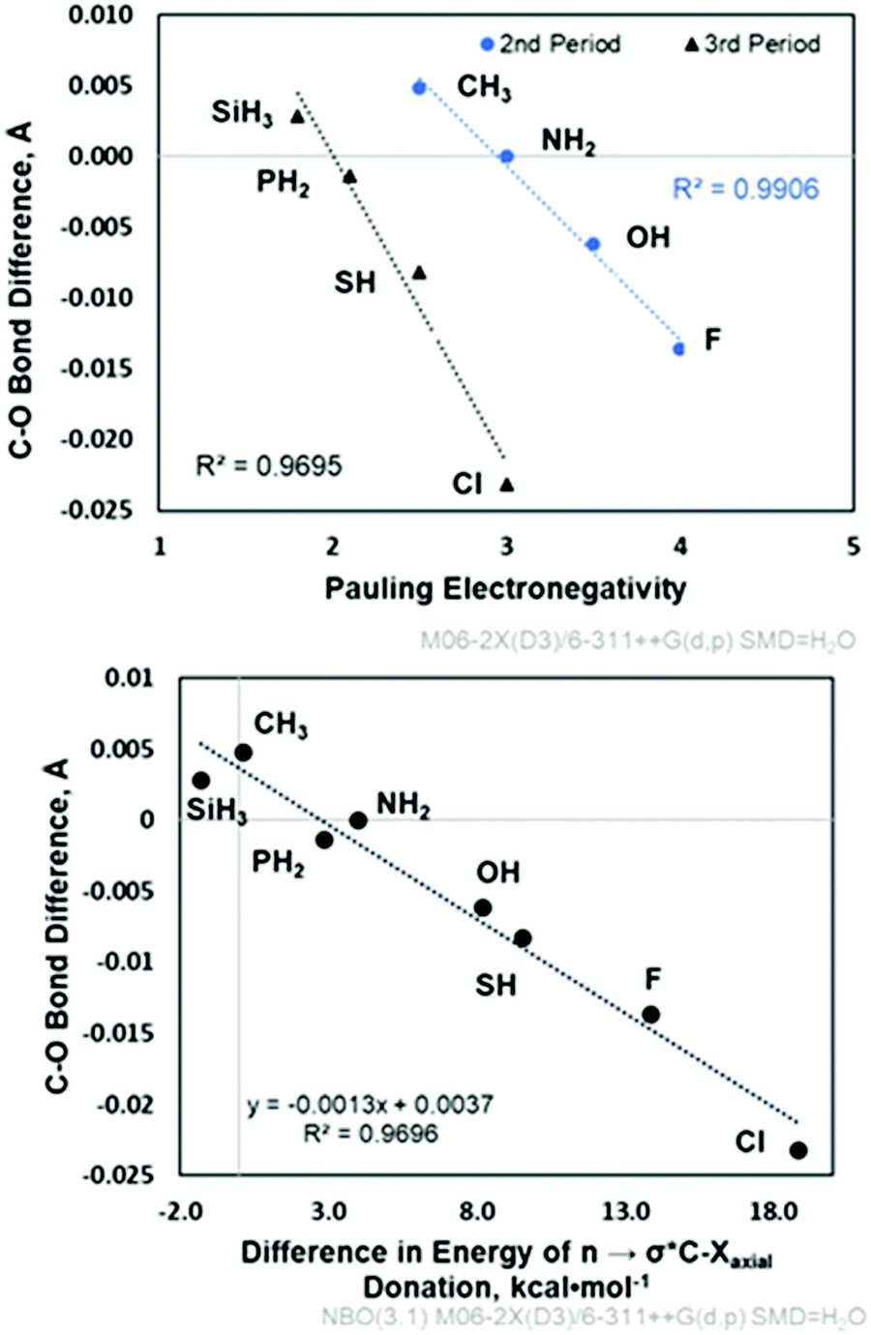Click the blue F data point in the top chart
679,349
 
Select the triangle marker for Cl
507,484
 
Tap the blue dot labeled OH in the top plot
593,244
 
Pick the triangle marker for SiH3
297,116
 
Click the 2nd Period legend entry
550,44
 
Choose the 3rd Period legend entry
752,44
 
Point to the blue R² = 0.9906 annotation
745,188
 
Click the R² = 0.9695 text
268,466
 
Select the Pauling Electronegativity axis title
504,587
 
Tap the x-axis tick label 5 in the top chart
853,546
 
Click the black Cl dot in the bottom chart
798,1150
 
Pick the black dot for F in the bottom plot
651,1014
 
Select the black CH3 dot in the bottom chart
243,752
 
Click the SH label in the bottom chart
496,986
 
